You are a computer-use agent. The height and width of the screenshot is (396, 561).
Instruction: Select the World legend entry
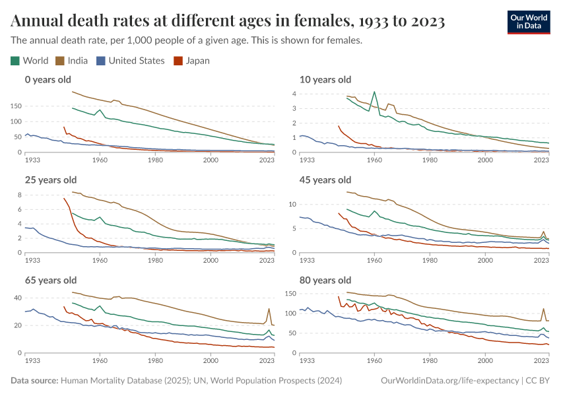point(30,61)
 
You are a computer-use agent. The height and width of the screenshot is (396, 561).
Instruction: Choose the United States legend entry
point(130,61)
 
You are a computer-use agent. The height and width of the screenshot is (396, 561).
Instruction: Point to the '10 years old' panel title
point(325,80)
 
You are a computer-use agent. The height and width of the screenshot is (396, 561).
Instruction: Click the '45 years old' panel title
point(325,180)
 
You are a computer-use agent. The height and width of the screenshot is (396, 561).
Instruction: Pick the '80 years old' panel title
point(325,280)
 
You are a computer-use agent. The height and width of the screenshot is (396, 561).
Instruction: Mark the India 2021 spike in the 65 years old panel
point(269,309)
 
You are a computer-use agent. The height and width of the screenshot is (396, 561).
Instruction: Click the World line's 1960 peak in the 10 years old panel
point(374,92)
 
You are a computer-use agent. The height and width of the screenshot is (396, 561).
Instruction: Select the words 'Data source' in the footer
point(34,381)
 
